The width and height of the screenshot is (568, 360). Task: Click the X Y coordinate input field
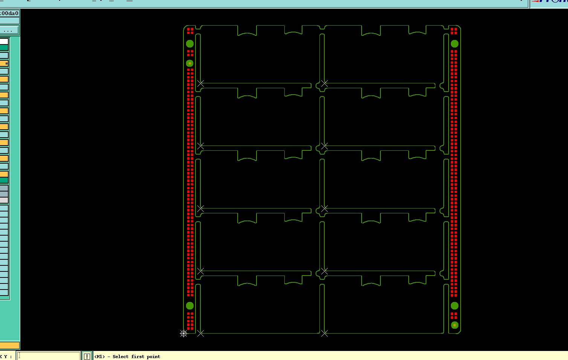pos(49,356)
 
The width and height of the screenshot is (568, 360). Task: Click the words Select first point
pos(136,357)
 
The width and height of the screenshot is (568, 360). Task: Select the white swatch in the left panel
pos(4,41)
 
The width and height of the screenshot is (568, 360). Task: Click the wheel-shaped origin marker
pos(183,334)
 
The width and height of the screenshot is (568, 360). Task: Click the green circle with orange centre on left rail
pos(190,63)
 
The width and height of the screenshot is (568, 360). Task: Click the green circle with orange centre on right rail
pos(455,325)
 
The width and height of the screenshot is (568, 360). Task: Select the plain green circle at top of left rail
pos(190,44)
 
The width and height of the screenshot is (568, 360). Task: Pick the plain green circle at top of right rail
pos(455,44)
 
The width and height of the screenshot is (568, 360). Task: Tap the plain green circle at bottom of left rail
pos(190,306)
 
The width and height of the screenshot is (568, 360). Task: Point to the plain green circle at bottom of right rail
pos(455,306)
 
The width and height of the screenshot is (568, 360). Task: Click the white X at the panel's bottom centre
pos(324,333)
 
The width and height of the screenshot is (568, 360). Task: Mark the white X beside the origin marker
pos(200,333)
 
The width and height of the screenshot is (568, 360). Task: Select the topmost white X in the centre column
pos(324,83)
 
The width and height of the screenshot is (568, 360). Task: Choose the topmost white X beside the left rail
pos(200,83)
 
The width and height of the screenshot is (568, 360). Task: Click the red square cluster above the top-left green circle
pos(190,31)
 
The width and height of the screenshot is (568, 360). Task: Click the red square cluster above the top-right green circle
pos(454,31)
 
